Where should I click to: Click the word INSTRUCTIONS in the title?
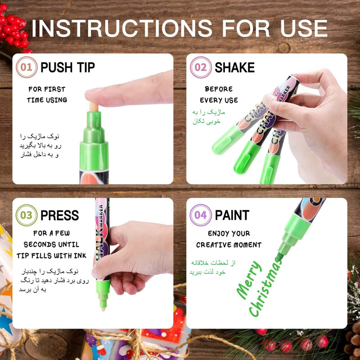[x=121, y=28]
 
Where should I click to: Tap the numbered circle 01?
[x=27, y=67]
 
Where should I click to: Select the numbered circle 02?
[x=201, y=67]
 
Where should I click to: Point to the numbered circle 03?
[x=27, y=215]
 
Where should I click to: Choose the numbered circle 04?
[x=201, y=215]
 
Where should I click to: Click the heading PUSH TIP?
[x=67, y=67]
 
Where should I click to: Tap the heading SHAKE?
[x=234, y=67]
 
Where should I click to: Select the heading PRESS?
[x=59, y=216]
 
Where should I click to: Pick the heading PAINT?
[x=232, y=216]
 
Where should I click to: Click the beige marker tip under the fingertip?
[x=94, y=107]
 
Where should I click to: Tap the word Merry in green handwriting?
[x=249, y=280]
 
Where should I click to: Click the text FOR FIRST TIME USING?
[x=47, y=94]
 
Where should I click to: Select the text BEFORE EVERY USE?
[x=219, y=94]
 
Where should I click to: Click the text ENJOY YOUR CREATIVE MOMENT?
[x=229, y=239]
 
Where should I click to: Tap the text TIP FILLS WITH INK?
[x=51, y=256]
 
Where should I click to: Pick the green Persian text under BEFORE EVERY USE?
[x=208, y=117]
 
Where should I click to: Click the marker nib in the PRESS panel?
[x=103, y=305]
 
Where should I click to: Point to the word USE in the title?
[x=304, y=28]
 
